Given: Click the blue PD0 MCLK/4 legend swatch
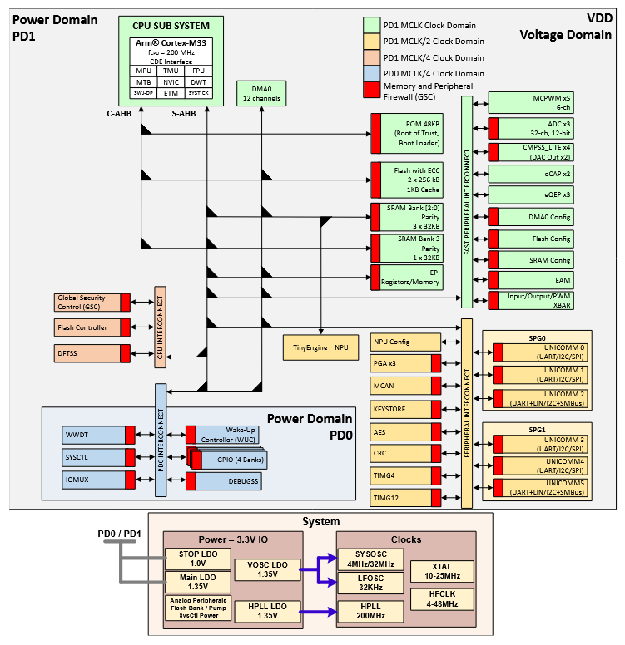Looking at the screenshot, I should [x=371, y=74].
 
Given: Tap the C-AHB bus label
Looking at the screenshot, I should [x=122, y=113].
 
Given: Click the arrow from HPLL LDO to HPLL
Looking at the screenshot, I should [x=316, y=613].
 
